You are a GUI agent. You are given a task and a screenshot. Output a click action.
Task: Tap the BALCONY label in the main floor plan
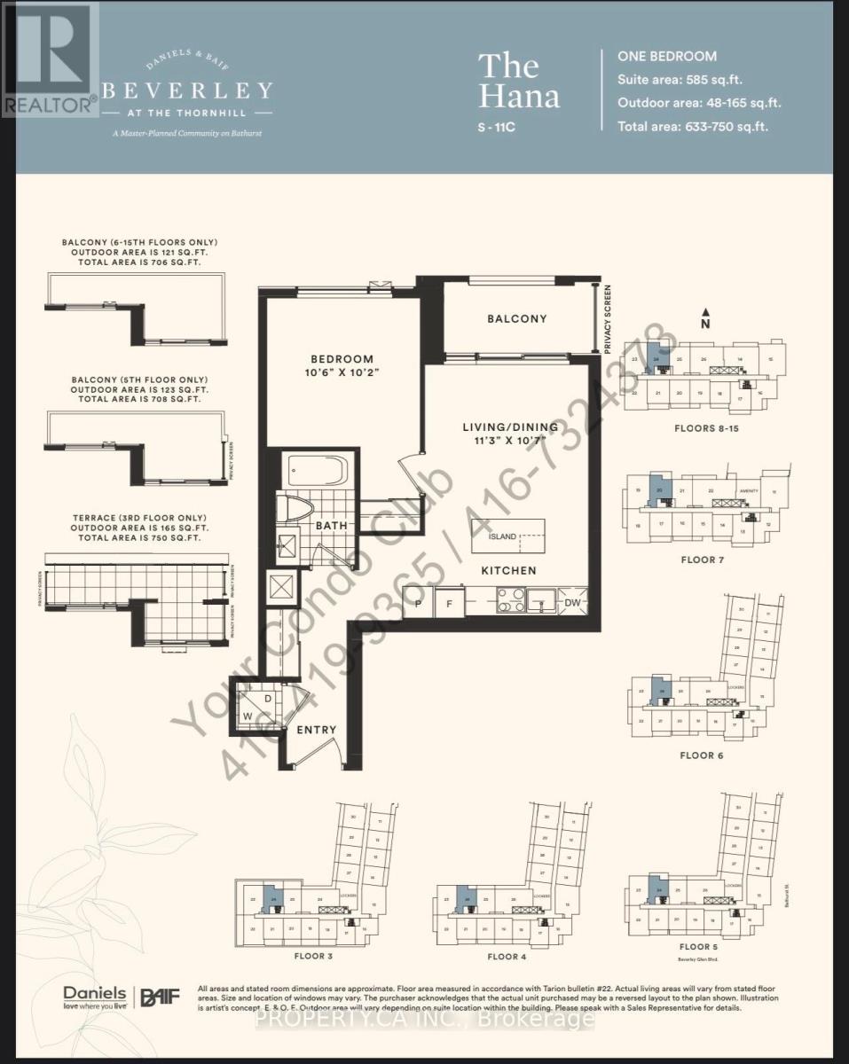click(x=516, y=318)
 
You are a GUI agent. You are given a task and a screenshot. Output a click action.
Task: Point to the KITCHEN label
click(x=508, y=571)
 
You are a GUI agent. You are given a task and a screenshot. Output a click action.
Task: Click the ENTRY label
click(x=316, y=730)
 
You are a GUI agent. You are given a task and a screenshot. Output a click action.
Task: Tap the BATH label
click(x=331, y=526)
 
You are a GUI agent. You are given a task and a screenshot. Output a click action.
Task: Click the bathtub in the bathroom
click(x=318, y=470)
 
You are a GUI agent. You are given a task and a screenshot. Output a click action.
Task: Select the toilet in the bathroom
click(x=294, y=512)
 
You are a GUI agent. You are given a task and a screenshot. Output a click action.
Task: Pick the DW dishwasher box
click(x=572, y=602)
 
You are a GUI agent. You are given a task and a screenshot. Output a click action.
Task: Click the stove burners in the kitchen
click(x=509, y=601)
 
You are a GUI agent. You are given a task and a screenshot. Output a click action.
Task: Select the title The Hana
click(x=518, y=81)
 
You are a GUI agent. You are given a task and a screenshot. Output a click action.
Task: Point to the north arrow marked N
click(x=704, y=313)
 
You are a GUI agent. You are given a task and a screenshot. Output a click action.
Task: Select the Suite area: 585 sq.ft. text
click(x=687, y=79)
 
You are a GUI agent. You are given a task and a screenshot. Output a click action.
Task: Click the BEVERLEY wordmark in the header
click(x=187, y=90)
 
